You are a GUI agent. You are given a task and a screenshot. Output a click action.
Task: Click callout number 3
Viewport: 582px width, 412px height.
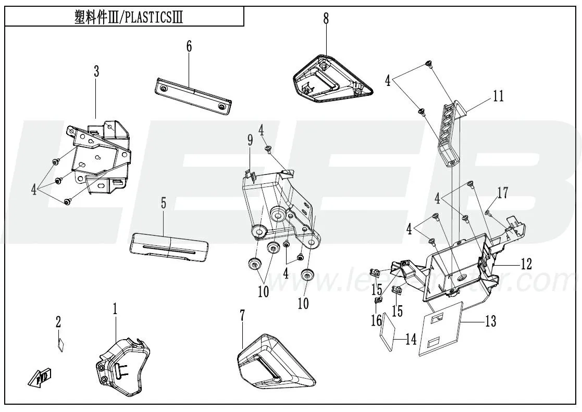(96, 72)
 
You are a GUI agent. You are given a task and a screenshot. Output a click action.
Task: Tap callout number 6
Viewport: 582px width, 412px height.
(189, 46)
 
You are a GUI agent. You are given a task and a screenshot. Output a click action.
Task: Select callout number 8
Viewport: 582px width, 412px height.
(326, 19)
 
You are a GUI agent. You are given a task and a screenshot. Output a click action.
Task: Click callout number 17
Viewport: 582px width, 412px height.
(502, 193)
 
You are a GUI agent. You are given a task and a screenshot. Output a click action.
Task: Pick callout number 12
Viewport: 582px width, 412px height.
(526, 264)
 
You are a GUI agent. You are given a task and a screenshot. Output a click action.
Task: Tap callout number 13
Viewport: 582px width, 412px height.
(490, 322)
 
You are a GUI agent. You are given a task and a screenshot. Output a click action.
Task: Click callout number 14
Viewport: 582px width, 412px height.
(411, 340)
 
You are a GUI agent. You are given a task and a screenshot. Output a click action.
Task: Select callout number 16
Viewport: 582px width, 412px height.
(376, 319)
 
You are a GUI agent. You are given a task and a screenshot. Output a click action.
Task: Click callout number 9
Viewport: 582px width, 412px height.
(250, 140)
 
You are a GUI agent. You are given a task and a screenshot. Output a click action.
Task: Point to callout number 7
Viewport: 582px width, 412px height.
(242, 316)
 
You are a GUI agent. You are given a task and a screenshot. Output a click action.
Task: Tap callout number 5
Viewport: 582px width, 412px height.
(164, 203)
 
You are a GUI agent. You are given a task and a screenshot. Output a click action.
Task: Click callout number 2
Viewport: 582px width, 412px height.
(58, 322)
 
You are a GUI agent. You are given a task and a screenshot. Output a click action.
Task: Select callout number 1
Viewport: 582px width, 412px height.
(115, 308)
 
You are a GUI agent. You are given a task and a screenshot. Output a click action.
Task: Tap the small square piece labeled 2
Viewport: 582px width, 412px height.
(60, 346)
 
